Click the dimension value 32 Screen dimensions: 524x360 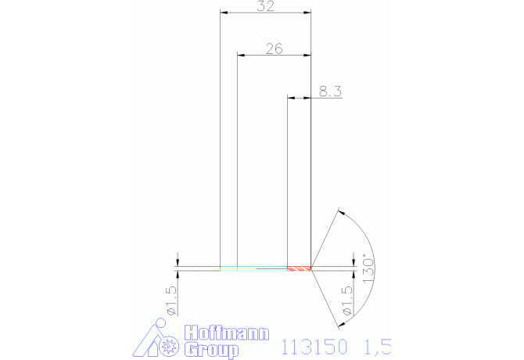[x=266, y=6]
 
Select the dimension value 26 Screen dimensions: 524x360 [x=274, y=49]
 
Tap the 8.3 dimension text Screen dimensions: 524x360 [x=330, y=92]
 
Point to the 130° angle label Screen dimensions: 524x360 [x=368, y=268]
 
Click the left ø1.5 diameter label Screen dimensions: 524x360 [x=170, y=301]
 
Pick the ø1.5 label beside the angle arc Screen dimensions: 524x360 [x=347, y=301]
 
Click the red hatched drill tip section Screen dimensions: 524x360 [x=299, y=268]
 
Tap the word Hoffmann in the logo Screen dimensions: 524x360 [x=227, y=333]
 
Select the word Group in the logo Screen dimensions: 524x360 [x=211, y=350]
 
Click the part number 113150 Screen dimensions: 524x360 [x=314, y=347]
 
